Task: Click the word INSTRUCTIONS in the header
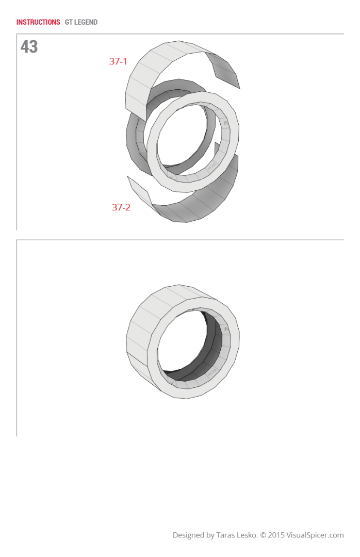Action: pos(38,22)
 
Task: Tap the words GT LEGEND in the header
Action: pos(81,22)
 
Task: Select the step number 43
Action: pos(29,47)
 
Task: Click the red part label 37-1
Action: pos(118,61)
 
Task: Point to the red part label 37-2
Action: pos(121,207)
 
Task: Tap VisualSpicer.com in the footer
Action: pos(316,535)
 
